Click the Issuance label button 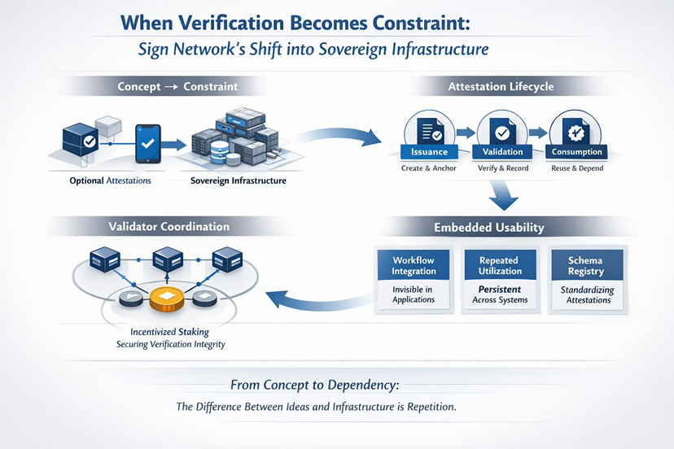429,151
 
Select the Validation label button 503,151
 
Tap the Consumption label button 576,151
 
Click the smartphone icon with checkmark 147,143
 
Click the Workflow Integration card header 414,265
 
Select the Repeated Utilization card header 500,265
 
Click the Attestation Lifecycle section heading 501,86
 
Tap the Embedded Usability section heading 501,227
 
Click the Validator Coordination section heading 168,226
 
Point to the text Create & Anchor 429,168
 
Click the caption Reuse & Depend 576,168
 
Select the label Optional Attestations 111,181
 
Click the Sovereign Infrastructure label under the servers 238,181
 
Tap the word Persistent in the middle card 500,289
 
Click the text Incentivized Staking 169,332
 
